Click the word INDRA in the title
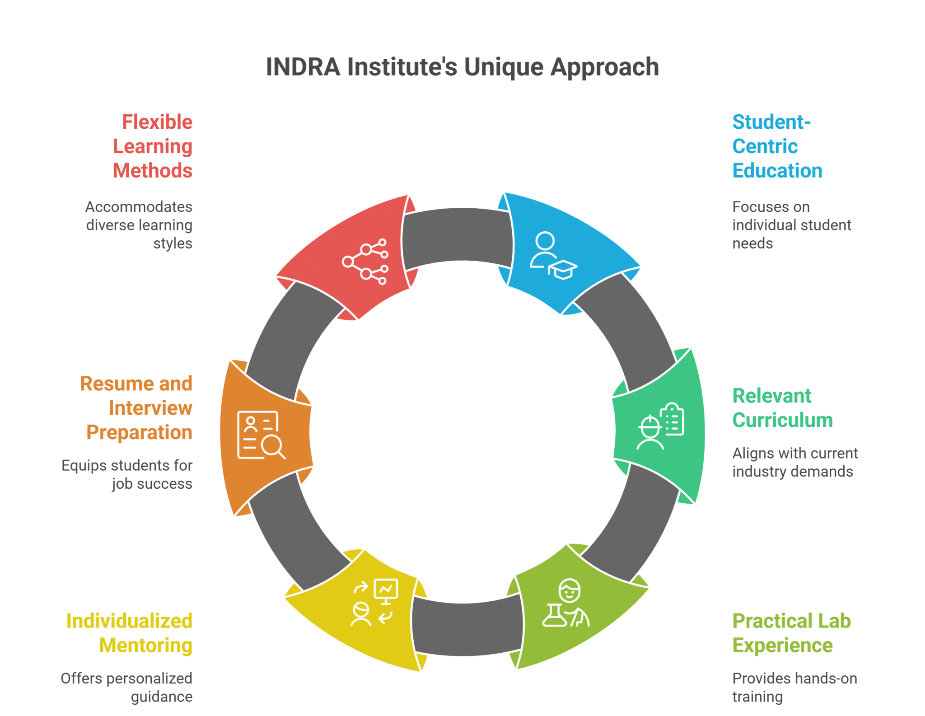303,67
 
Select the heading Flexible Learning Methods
153,146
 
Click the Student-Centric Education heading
777,146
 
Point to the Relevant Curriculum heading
782,408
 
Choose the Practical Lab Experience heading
791,633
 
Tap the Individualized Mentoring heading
129,633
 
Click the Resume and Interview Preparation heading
136,408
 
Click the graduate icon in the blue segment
553,255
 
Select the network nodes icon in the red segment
365,261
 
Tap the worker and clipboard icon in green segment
661,426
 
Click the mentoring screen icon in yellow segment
374,602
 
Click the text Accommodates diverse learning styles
139,225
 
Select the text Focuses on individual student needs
791,225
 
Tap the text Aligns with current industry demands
794,462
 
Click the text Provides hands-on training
794,687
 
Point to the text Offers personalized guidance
127,687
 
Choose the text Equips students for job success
127,474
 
